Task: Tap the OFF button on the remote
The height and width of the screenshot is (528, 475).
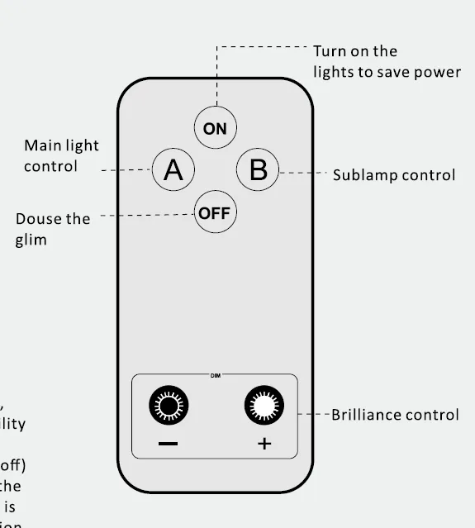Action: (215, 213)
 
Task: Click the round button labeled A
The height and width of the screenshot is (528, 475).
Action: (173, 169)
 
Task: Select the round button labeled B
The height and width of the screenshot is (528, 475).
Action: (258, 169)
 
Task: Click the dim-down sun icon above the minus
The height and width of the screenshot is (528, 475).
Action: (168, 406)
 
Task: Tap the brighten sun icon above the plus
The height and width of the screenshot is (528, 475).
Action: (264, 406)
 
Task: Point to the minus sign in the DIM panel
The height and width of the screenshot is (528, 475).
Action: (168, 444)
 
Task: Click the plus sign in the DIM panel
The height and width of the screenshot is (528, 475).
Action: (264, 444)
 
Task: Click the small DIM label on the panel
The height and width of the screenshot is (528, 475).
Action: (215, 375)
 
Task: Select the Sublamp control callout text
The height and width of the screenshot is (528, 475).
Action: (393, 175)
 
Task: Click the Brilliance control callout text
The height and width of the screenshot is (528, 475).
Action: (395, 415)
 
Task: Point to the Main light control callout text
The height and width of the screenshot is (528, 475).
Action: (61, 155)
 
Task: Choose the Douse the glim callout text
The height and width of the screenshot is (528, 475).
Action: (53, 229)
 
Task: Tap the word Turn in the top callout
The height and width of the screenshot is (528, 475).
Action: (330, 51)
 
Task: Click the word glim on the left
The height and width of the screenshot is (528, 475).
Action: (31, 240)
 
